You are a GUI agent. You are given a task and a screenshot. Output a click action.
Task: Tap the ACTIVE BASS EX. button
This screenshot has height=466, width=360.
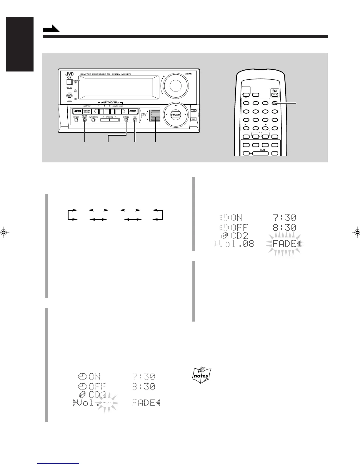(69, 99)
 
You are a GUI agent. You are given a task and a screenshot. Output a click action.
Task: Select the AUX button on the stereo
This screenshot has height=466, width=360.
(193, 119)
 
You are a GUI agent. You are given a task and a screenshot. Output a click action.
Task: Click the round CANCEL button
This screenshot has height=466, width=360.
(126, 120)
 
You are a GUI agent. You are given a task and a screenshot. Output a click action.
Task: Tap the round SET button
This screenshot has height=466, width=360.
(135, 120)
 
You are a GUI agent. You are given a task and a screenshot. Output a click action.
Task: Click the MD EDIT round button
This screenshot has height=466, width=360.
(76, 120)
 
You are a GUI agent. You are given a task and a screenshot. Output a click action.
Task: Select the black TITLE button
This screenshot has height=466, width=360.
(77, 111)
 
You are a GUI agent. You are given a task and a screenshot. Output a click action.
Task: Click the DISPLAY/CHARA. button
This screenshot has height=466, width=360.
(87, 111)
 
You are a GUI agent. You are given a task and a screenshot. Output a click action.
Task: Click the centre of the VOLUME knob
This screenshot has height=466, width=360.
(175, 85)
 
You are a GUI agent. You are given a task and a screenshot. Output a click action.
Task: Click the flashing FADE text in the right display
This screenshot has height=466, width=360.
(284, 244)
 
